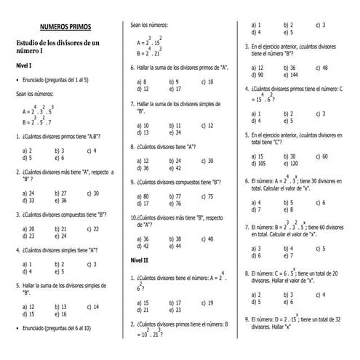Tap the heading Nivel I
pos(24,65)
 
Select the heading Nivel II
pos(139,260)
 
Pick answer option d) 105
pos(257,164)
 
